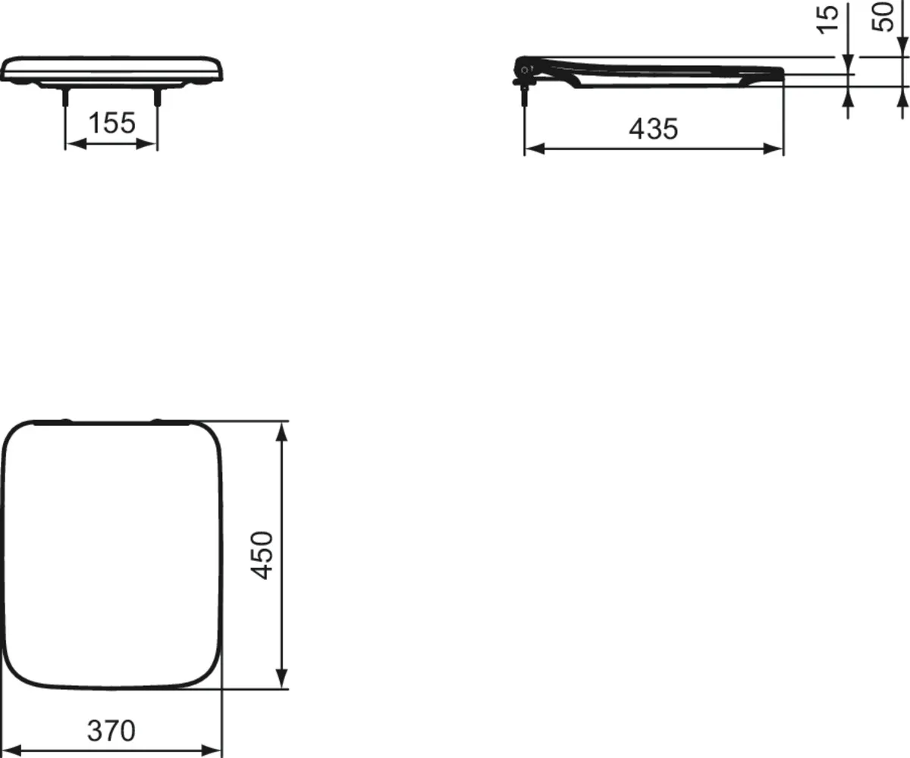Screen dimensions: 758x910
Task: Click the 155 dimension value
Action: point(111,123)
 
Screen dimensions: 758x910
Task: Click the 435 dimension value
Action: point(653,129)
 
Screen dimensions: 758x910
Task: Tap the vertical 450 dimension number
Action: point(262,555)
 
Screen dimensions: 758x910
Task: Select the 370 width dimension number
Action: point(111,731)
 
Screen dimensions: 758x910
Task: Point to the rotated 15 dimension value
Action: point(831,17)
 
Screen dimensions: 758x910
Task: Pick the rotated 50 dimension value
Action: point(884,16)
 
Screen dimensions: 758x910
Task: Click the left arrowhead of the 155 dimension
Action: point(72,144)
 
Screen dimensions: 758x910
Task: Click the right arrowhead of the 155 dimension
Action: point(151,144)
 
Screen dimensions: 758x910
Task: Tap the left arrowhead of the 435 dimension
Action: point(532,149)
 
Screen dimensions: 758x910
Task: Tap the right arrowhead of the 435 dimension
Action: point(776,149)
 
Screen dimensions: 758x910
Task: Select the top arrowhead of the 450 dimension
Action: point(281,430)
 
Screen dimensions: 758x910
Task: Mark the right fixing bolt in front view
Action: point(158,96)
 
